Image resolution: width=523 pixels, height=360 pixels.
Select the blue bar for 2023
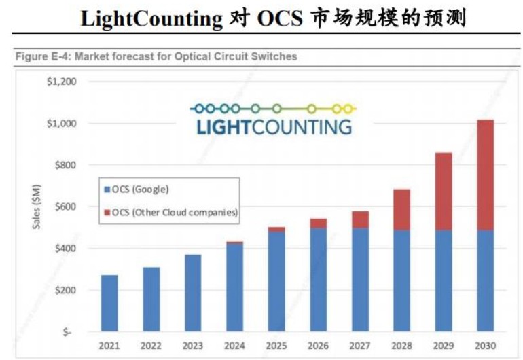click(x=193, y=293)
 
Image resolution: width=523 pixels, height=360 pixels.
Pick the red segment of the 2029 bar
click(x=444, y=191)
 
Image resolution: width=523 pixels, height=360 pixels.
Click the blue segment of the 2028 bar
click(x=401, y=280)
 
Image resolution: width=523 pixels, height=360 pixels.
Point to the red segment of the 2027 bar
click(x=360, y=219)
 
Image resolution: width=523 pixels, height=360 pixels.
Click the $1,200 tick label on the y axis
click(x=60, y=82)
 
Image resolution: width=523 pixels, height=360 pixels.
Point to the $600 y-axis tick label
click(x=65, y=206)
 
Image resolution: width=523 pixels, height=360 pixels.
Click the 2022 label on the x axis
click(x=151, y=346)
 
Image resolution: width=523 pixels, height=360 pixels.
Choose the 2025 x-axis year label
click(x=276, y=346)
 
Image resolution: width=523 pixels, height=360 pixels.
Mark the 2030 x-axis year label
click(x=485, y=346)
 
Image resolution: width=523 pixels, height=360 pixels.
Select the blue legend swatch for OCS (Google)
click(x=107, y=190)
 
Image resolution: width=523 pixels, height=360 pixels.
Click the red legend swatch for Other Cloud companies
click(x=107, y=213)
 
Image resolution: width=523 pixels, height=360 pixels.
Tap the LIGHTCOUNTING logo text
click(x=274, y=126)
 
